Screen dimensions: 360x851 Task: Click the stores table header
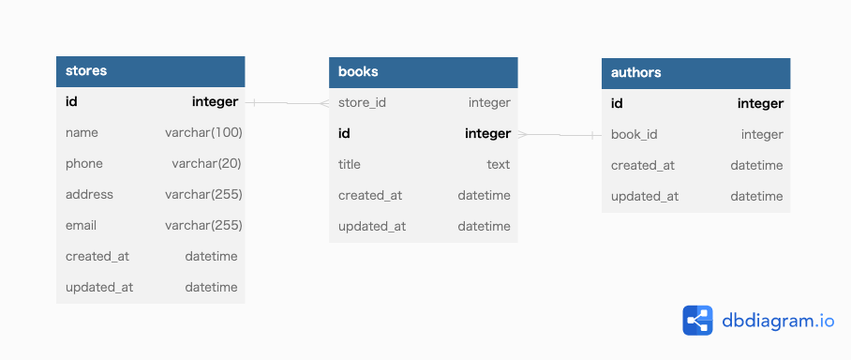(x=150, y=71)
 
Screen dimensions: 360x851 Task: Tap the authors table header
(x=695, y=73)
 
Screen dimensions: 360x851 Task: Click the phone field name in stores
(x=84, y=164)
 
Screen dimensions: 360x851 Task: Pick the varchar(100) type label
(x=203, y=133)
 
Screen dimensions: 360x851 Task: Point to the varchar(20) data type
(x=207, y=164)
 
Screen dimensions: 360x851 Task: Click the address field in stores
(x=89, y=195)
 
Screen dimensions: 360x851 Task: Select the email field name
(x=81, y=226)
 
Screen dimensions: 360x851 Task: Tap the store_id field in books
(x=362, y=103)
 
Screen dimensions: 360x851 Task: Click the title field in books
(x=349, y=165)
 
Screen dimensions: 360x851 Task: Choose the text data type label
(x=498, y=165)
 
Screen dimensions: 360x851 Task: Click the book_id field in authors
(x=634, y=135)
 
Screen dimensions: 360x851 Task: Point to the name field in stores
(x=82, y=133)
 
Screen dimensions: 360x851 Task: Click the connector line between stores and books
(x=287, y=102)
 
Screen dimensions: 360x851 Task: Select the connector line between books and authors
(x=560, y=135)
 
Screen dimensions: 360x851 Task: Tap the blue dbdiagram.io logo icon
(x=697, y=321)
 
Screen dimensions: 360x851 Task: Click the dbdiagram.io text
(x=778, y=321)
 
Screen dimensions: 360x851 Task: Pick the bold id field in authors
(x=617, y=104)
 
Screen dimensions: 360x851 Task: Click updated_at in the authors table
(x=645, y=197)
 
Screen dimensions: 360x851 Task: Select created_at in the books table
(x=370, y=196)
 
